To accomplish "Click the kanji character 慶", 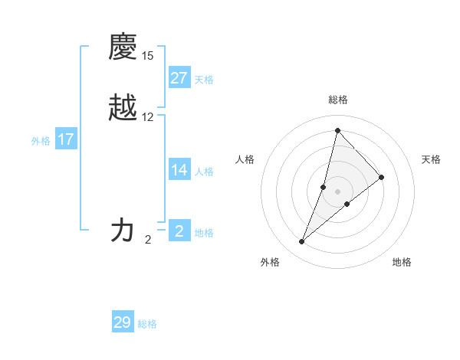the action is [123, 47].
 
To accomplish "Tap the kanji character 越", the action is [123, 109].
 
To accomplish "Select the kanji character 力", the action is [123, 230].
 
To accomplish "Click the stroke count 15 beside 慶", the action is [148, 56].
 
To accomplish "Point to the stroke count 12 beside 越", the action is [148, 117].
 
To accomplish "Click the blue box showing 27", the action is [179, 78].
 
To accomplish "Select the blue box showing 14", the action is [179, 170].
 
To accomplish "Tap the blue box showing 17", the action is [66, 139].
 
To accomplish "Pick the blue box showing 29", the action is [123, 322].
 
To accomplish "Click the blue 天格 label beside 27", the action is [204, 80].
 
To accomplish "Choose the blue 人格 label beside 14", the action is [204, 172].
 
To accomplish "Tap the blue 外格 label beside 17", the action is [41, 141].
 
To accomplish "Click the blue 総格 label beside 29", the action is [147, 324].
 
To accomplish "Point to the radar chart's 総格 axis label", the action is [337, 100].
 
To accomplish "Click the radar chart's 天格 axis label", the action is [431, 159].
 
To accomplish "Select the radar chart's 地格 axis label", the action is [402, 262].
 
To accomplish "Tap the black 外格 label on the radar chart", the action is [270, 262].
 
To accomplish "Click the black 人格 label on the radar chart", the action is [245, 159].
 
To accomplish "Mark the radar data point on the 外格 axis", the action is [301, 242].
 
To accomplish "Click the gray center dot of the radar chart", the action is [337, 191].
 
